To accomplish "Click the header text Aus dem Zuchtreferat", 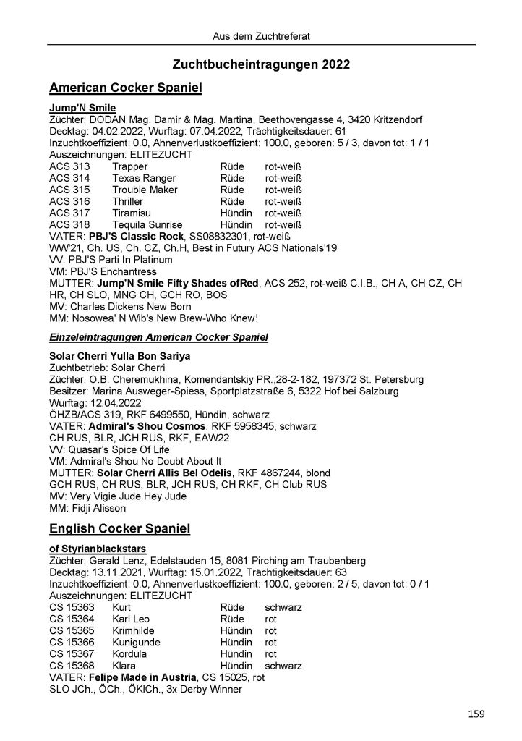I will click(x=262, y=35).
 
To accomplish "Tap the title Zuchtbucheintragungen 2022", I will click(x=262, y=64).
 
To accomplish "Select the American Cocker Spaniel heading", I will click(x=125, y=88).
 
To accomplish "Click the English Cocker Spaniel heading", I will click(x=119, y=529).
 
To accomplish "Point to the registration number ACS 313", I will click(x=69, y=166).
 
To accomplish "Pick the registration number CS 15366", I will click(x=72, y=642).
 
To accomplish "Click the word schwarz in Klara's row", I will click(x=283, y=665).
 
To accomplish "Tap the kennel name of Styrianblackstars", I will click(x=100, y=549).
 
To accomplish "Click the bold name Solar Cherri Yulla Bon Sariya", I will click(x=129, y=356).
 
